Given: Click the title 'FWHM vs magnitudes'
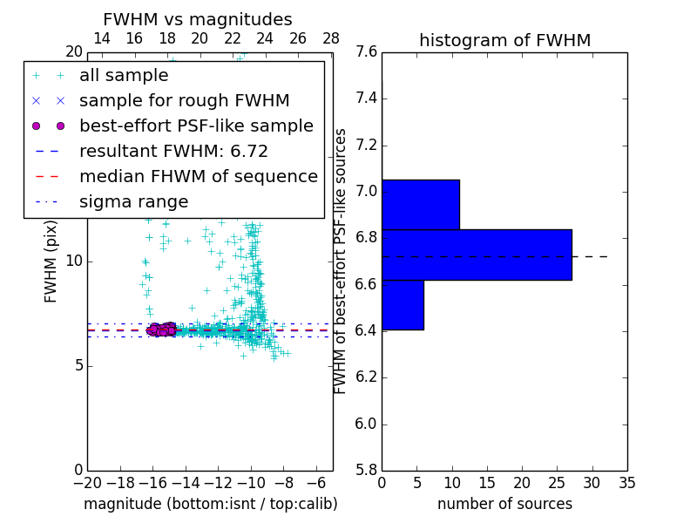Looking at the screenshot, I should (198, 20).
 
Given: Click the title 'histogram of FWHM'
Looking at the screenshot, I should (504, 41).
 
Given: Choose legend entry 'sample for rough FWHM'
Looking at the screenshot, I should (184, 101).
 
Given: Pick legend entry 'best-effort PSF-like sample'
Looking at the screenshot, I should (196, 126).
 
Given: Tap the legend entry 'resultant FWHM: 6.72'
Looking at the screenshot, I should (173, 152).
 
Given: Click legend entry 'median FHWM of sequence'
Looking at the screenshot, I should (198, 177).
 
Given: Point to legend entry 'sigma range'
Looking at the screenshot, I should (133, 202).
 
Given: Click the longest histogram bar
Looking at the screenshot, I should (476, 255).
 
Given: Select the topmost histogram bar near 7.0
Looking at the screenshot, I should (420, 204).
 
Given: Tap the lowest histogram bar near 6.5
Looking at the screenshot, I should (403, 305).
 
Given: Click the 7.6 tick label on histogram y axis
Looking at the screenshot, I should (366, 52).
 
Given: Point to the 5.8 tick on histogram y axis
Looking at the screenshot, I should (366, 471).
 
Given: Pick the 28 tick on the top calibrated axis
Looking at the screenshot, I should (331, 38).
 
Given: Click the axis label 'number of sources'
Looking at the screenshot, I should (504, 504).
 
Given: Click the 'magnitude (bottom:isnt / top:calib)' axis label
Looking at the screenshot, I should (210, 504).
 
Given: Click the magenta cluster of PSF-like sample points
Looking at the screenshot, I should (161, 329).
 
